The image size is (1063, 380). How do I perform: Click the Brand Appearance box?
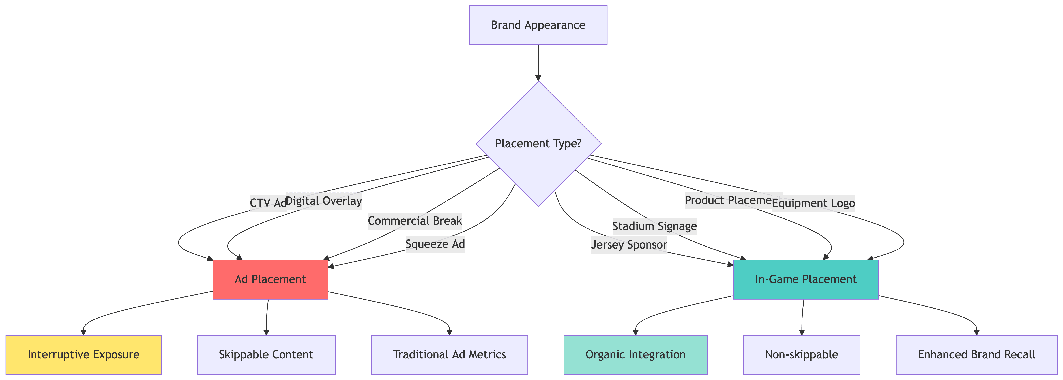(538, 25)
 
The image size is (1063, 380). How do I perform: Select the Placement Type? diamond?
(538, 144)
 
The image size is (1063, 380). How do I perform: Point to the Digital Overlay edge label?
(324, 201)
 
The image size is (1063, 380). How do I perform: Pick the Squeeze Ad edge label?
(435, 244)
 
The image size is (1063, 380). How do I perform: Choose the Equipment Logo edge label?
(813, 203)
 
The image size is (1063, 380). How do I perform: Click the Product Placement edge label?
(728, 200)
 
